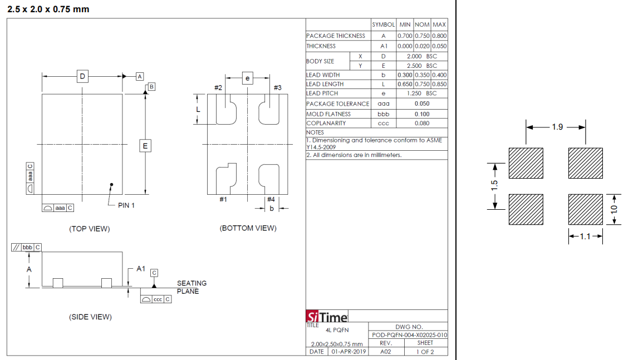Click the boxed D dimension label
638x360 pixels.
pyautogui.click(x=82, y=76)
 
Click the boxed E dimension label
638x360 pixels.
pyautogui.click(x=145, y=146)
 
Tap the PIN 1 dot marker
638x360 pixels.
pyautogui.click(x=111, y=185)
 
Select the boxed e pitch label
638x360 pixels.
pyautogui.click(x=247, y=78)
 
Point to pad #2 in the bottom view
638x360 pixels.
pyautogui.click(x=226, y=110)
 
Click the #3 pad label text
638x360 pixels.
pyautogui.click(x=277, y=87)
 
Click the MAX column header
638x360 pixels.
pyautogui.click(x=439, y=24)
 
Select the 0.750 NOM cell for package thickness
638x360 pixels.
pyautogui.click(x=423, y=36)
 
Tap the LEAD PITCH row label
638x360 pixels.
pyautogui.click(x=322, y=93)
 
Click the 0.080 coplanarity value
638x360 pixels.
pyautogui.click(x=423, y=124)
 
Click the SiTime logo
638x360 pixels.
pyautogui.click(x=327, y=317)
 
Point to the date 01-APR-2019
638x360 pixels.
pyautogui.click(x=349, y=352)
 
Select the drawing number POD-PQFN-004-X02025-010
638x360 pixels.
pyautogui.click(x=409, y=335)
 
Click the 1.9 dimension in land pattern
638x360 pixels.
pyautogui.click(x=557, y=127)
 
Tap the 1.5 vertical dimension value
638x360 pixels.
pyautogui.click(x=494, y=186)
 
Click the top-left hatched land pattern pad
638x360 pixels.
pyautogui.click(x=526, y=163)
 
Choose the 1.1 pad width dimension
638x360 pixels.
pyautogui.click(x=585, y=236)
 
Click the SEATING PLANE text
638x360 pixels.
pyautogui.click(x=192, y=287)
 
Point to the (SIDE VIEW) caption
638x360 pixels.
pyautogui.click(x=90, y=317)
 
